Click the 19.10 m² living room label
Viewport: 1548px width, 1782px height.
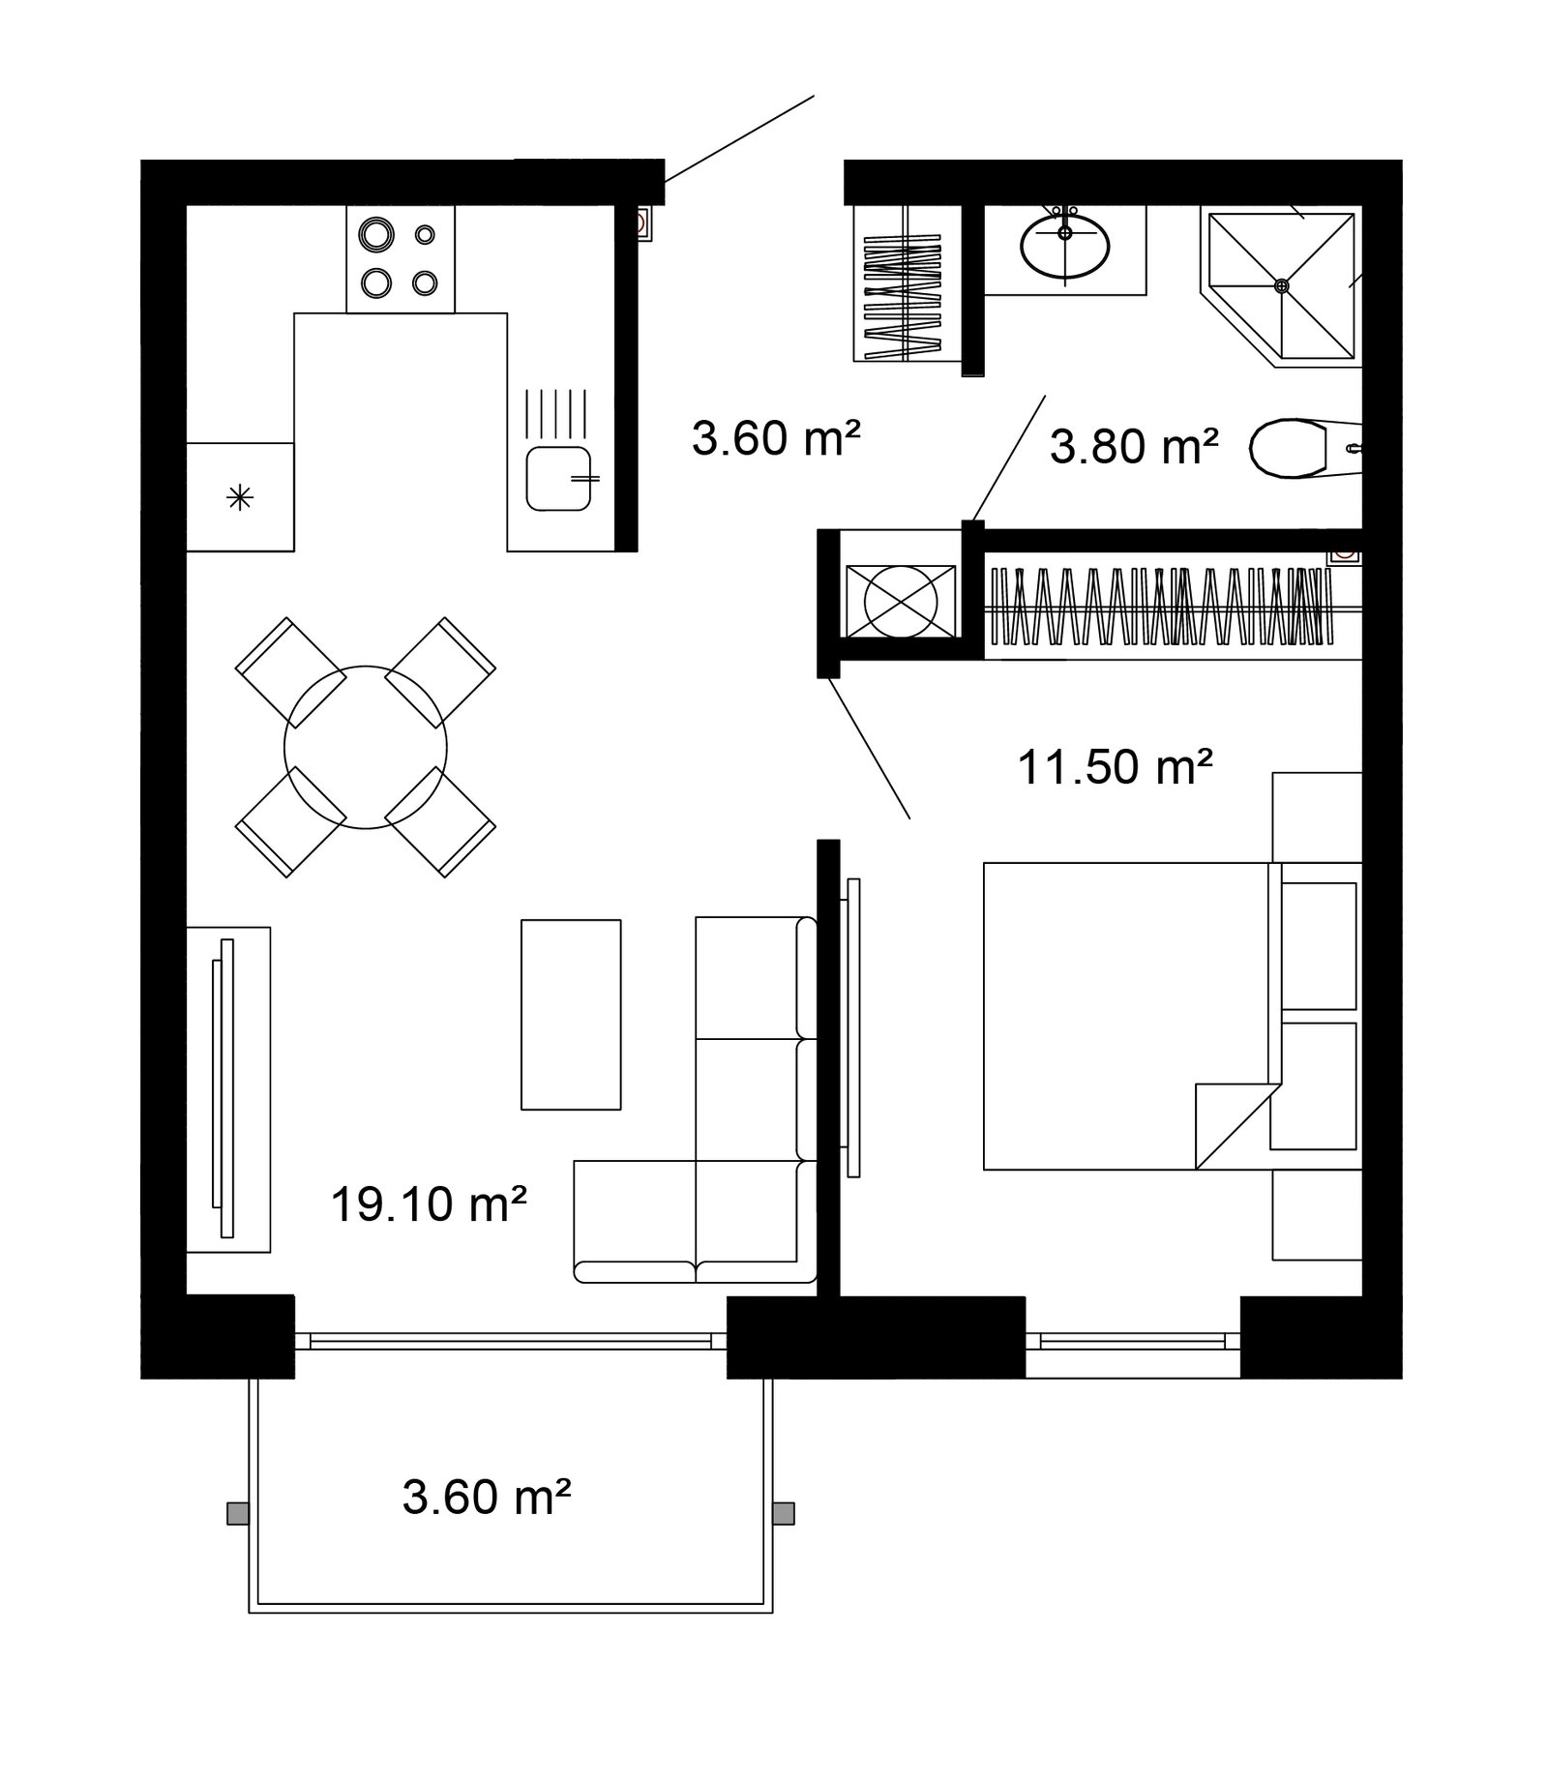click(x=429, y=1204)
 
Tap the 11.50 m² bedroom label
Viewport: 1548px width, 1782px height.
click(x=1116, y=767)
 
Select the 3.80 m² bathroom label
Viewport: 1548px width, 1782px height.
click(x=1134, y=447)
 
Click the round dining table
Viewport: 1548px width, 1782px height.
click(x=366, y=747)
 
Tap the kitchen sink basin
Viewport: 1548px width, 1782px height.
click(x=559, y=478)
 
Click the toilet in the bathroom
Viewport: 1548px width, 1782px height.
click(x=1306, y=448)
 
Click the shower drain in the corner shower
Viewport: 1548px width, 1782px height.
click(x=1282, y=285)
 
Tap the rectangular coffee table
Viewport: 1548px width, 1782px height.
click(x=571, y=1014)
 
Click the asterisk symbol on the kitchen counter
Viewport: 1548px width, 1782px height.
click(x=239, y=498)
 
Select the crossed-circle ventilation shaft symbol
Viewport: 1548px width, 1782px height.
click(x=901, y=601)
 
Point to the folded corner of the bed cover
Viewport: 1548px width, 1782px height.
click(x=1231, y=1126)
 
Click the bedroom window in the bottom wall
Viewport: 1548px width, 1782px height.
click(x=1133, y=1340)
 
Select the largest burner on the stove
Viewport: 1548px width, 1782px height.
click(x=375, y=234)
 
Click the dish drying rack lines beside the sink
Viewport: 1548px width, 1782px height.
click(x=556, y=414)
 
